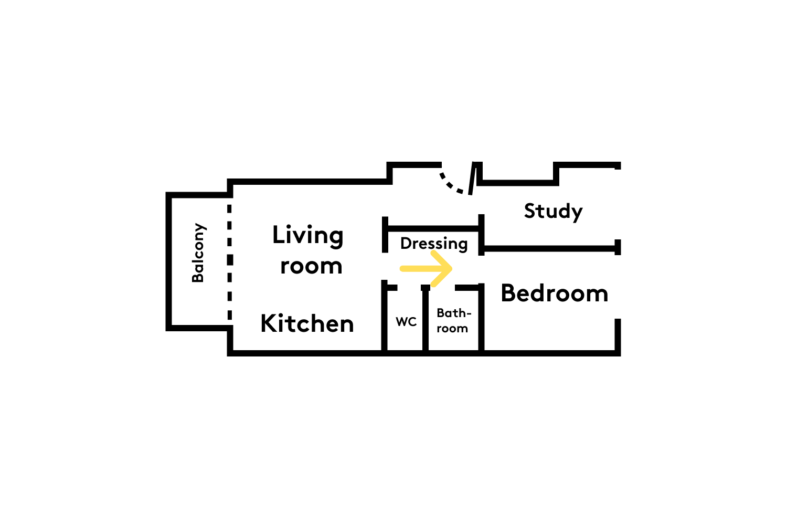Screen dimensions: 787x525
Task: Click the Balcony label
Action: [199, 253]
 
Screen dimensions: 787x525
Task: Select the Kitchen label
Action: [307, 323]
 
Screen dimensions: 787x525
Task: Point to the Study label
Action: [554, 212]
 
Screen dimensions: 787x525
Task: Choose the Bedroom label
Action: [555, 293]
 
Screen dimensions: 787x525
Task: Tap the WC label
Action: [406, 321]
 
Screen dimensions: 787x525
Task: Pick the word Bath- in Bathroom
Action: [454, 312]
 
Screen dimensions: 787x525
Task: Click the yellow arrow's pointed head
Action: [451, 269]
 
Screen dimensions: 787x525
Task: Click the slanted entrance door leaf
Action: [472, 178]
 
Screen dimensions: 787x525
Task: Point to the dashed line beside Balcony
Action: [229, 262]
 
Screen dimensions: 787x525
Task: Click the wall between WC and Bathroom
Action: [425, 319]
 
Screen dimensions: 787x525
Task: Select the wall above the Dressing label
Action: [433, 228]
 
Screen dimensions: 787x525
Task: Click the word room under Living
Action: [311, 266]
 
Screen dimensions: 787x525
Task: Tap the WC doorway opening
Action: [409, 288]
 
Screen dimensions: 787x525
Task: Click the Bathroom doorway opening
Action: [442, 288]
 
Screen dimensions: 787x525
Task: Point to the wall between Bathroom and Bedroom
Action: [481, 318]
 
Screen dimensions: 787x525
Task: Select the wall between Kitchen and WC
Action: [385, 316]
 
